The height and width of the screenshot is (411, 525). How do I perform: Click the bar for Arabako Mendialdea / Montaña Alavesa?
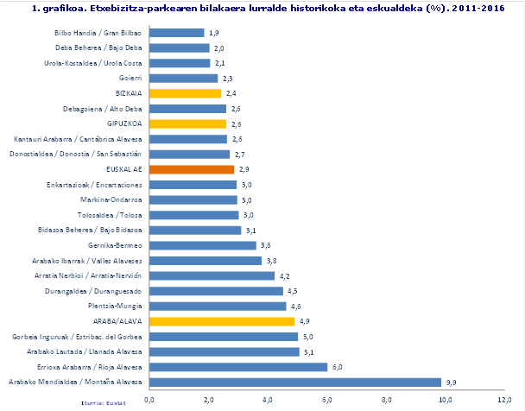(x=294, y=382)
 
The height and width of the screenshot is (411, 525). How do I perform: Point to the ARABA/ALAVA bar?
(x=222, y=321)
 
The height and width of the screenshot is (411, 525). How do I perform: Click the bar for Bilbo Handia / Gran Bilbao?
(x=177, y=33)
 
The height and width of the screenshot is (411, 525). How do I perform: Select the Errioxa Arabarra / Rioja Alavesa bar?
(x=238, y=366)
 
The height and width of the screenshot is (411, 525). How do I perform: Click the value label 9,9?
(x=451, y=382)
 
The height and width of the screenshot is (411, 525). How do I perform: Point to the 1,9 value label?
(x=212, y=33)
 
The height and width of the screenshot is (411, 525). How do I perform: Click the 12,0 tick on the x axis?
(x=505, y=400)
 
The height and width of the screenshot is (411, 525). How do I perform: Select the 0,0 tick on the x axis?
(x=149, y=400)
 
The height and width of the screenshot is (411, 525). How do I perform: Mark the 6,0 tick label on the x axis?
(x=327, y=400)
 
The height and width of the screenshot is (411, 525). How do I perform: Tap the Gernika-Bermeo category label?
(x=116, y=245)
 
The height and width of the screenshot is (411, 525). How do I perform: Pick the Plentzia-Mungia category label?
(x=115, y=306)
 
